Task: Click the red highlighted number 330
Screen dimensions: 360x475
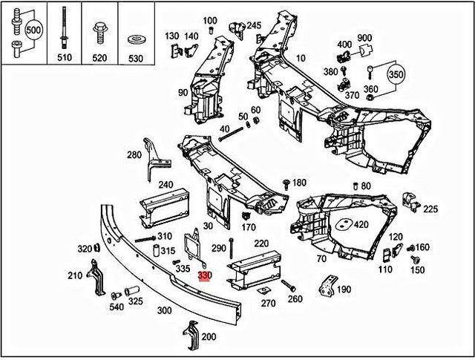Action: coord(205,275)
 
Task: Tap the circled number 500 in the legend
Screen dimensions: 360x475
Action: coord(33,31)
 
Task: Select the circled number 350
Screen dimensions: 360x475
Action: coord(396,75)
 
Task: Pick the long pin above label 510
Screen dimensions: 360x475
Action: coord(65,30)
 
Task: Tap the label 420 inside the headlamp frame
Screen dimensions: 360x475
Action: coord(361,224)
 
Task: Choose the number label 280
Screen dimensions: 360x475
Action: coord(134,155)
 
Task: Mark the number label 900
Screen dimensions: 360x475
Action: coord(364,38)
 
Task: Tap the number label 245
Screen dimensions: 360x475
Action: coord(254,26)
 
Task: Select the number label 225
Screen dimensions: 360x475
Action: coord(430,209)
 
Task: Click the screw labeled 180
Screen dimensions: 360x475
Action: coord(286,183)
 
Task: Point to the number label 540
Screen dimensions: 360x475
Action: coord(117,307)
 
